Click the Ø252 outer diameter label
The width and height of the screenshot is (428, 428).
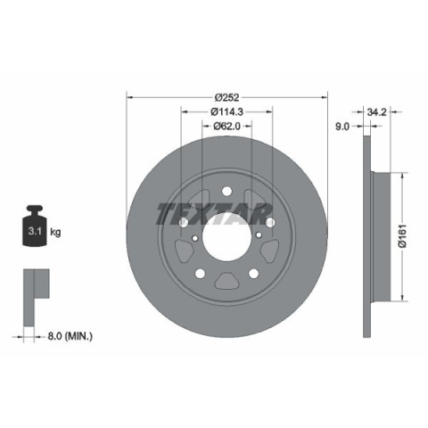pyautogui.click(x=226, y=97)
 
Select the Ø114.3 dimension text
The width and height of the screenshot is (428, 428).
pyautogui.click(x=226, y=111)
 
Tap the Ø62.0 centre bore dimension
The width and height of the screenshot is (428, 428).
pyautogui.click(x=226, y=127)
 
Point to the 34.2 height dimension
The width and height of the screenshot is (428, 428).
pyautogui.click(x=376, y=112)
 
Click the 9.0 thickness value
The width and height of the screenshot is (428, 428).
pyautogui.click(x=342, y=127)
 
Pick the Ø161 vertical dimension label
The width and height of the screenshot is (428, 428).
pyautogui.click(x=402, y=236)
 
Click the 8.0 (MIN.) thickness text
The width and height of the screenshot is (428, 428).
pyautogui.click(x=70, y=336)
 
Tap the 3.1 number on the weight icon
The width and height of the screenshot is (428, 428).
pyautogui.click(x=35, y=231)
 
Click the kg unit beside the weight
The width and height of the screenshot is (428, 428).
pyautogui.click(x=55, y=232)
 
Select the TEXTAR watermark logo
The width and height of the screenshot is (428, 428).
pyautogui.click(x=214, y=213)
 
